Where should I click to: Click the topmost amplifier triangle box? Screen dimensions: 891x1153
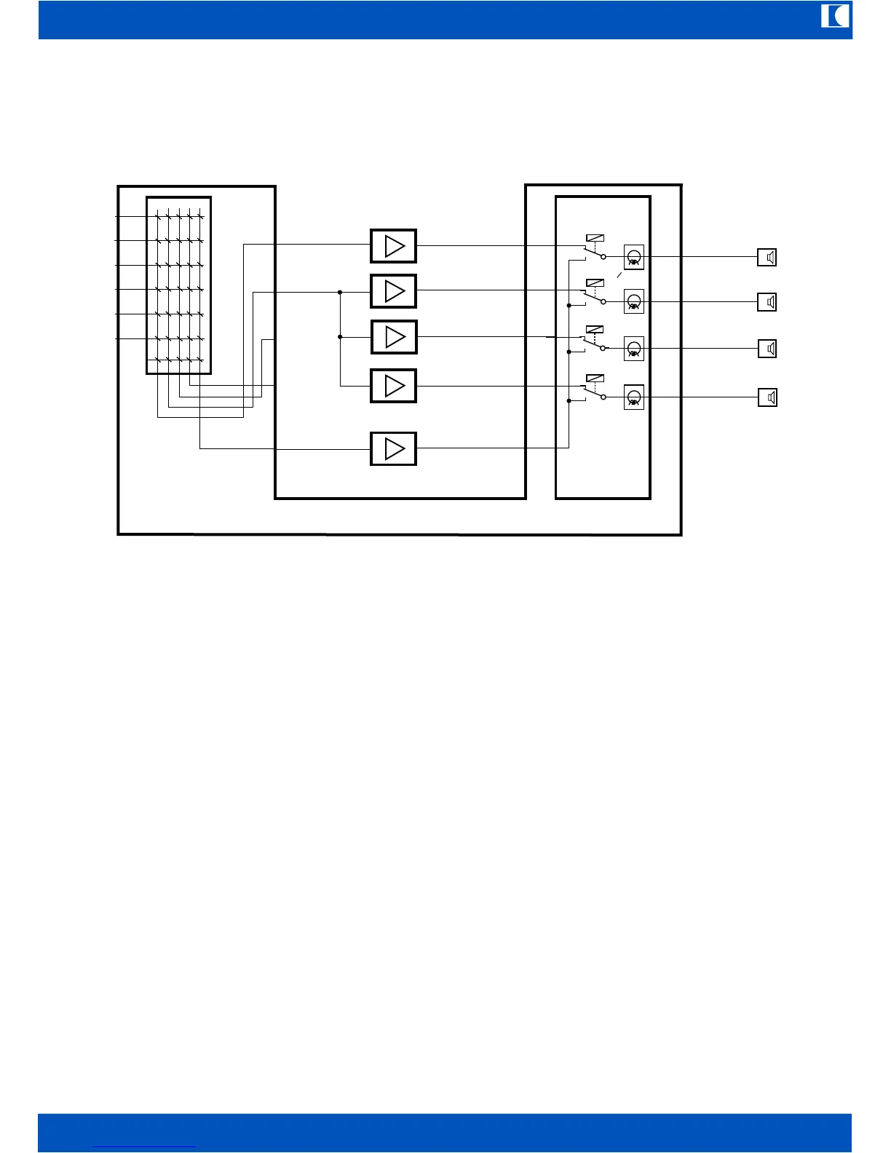394,246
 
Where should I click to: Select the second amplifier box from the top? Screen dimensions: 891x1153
394,291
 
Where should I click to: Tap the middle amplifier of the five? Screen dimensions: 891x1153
394,337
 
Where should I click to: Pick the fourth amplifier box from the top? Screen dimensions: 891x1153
394,386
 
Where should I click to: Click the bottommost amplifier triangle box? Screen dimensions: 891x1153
394,448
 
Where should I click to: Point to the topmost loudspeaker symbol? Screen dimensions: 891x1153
767,257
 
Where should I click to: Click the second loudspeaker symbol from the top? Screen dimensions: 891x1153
767,301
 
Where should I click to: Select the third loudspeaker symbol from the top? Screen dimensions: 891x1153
767,349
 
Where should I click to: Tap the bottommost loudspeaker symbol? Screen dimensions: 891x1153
767,397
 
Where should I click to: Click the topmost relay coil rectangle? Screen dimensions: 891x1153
595,238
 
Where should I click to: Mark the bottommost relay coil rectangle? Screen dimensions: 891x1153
595,378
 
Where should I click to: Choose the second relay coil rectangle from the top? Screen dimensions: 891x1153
595,282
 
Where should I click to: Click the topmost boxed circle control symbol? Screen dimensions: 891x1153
634,257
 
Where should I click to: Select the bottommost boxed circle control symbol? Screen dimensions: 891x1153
634,397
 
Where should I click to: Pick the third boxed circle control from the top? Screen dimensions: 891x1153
634,349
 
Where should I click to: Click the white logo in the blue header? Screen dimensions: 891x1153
836,16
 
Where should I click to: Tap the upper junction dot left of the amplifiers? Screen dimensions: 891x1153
340,292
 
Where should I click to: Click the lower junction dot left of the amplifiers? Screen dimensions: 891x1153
340,337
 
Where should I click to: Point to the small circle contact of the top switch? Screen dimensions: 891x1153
603,257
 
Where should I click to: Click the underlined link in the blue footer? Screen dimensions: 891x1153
145,1146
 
